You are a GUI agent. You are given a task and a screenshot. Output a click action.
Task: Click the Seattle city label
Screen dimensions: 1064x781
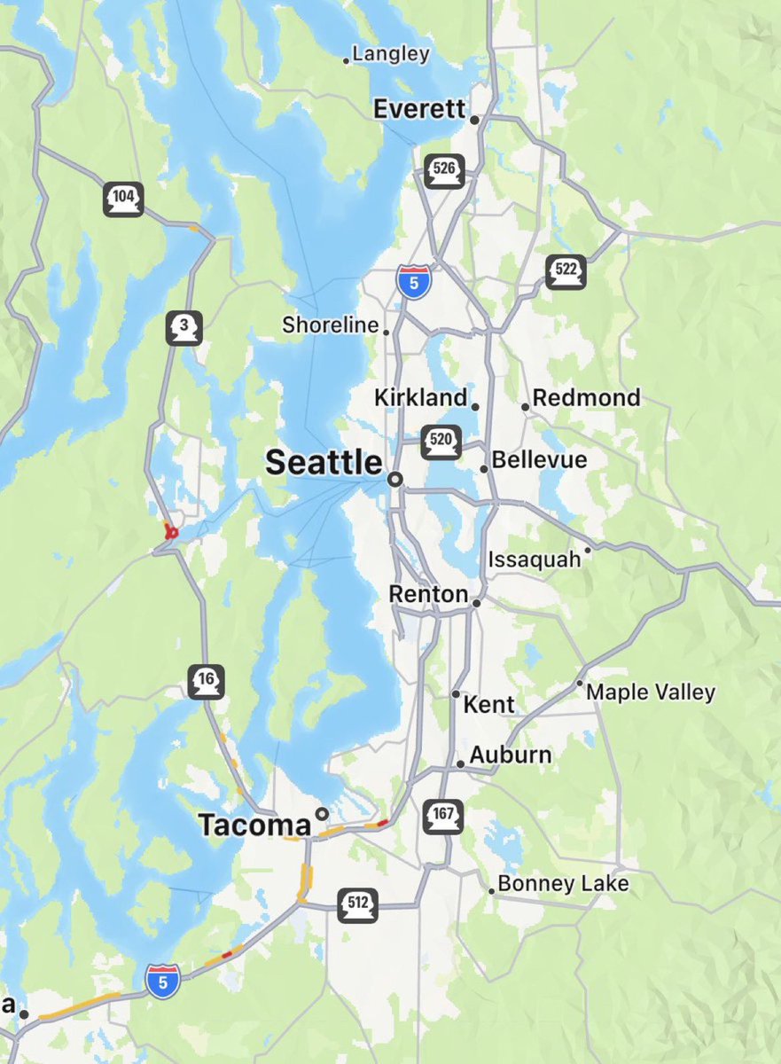pos(324,462)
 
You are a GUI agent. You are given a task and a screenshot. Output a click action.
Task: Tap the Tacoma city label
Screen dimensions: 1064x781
pos(255,825)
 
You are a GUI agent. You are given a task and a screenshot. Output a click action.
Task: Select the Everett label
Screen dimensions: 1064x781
pos(419,109)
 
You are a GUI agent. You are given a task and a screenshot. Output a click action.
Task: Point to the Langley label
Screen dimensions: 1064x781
pos(391,54)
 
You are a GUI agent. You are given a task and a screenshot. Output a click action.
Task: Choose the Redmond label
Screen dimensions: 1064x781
pos(586,398)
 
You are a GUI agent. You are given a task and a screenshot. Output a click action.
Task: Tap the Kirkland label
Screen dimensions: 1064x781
pos(420,397)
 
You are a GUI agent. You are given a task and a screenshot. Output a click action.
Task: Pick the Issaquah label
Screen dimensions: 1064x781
pos(535,559)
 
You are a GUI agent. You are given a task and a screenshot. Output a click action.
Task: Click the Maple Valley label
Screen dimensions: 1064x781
pos(651,692)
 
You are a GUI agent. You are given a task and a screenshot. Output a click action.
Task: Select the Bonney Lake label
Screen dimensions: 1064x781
pos(563,884)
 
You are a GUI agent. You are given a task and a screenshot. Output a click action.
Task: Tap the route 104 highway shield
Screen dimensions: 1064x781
pos(123,199)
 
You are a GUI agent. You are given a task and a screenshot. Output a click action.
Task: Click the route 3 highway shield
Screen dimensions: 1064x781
pos(184,329)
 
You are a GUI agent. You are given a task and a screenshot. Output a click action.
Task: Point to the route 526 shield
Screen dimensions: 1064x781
pos(444,170)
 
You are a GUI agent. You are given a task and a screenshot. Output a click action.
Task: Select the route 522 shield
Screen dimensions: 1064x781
pos(566,271)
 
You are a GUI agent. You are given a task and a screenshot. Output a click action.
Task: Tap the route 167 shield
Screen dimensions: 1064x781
pos(443,816)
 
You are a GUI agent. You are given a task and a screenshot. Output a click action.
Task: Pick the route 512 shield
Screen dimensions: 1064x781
pos(358,905)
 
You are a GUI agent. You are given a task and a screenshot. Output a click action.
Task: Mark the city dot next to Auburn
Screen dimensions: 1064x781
pos(460,763)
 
